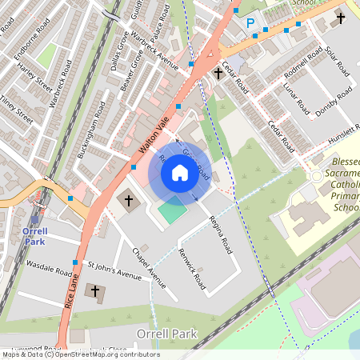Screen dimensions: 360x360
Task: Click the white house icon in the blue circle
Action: [180, 172]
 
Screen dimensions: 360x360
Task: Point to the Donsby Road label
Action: [332, 102]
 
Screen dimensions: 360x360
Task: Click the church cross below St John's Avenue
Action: [96, 292]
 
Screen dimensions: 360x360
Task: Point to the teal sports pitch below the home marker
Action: [170, 213]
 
